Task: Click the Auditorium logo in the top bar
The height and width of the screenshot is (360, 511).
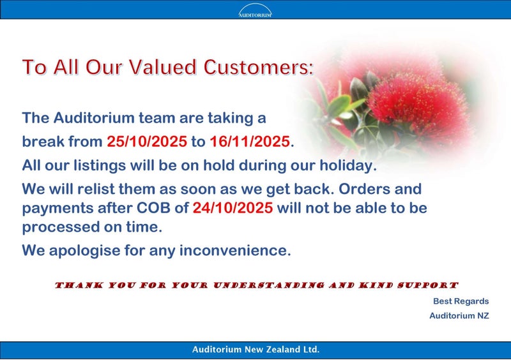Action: click(255, 11)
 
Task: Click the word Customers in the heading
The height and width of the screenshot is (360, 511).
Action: click(258, 67)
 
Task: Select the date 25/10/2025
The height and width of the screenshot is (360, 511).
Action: click(147, 142)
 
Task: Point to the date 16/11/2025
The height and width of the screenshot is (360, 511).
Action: click(250, 142)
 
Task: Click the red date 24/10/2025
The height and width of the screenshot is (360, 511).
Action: click(233, 208)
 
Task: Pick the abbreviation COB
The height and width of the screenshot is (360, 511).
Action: click(153, 208)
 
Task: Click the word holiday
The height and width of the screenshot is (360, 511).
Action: click(348, 165)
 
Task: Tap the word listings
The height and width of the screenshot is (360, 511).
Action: click(100, 165)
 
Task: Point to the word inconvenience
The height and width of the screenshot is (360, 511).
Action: click(235, 251)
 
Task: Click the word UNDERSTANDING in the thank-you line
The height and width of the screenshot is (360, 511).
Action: click(269, 285)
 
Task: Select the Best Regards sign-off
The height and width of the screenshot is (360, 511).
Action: click(461, 301)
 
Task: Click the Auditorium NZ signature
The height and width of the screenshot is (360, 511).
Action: click(459, 315)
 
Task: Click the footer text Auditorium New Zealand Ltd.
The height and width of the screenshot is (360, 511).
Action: click(256, 350)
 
